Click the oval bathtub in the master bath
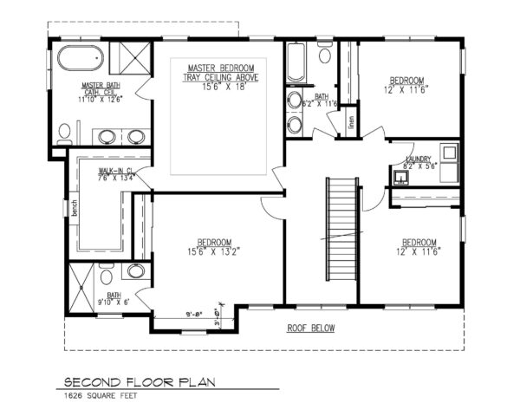click(80, 62)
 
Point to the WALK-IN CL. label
click(114, 172)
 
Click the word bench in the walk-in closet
click(75, 208)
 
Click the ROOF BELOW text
click(311, 328)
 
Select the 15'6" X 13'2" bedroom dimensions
click(213, 252)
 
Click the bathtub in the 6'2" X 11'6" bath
click(295, 66)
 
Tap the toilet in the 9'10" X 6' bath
click(105, 277)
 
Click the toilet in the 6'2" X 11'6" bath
click(325, 55)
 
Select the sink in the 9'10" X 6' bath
click(137, 271)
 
